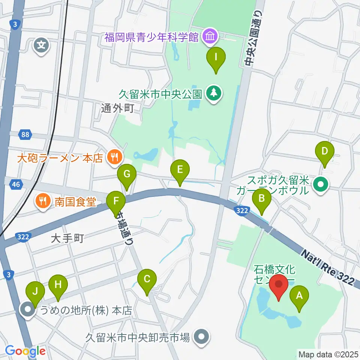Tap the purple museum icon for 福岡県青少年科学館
pyautogui.click(x=209, y=37)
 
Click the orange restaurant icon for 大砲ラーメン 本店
pyautogui.click(x=113, y=156)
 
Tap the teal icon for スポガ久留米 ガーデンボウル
pyautogui.click(x=321, y=184)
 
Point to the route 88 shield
pyautogui.click(x=25, y=134)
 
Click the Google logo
pyautogui.click(x=25, y=351)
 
